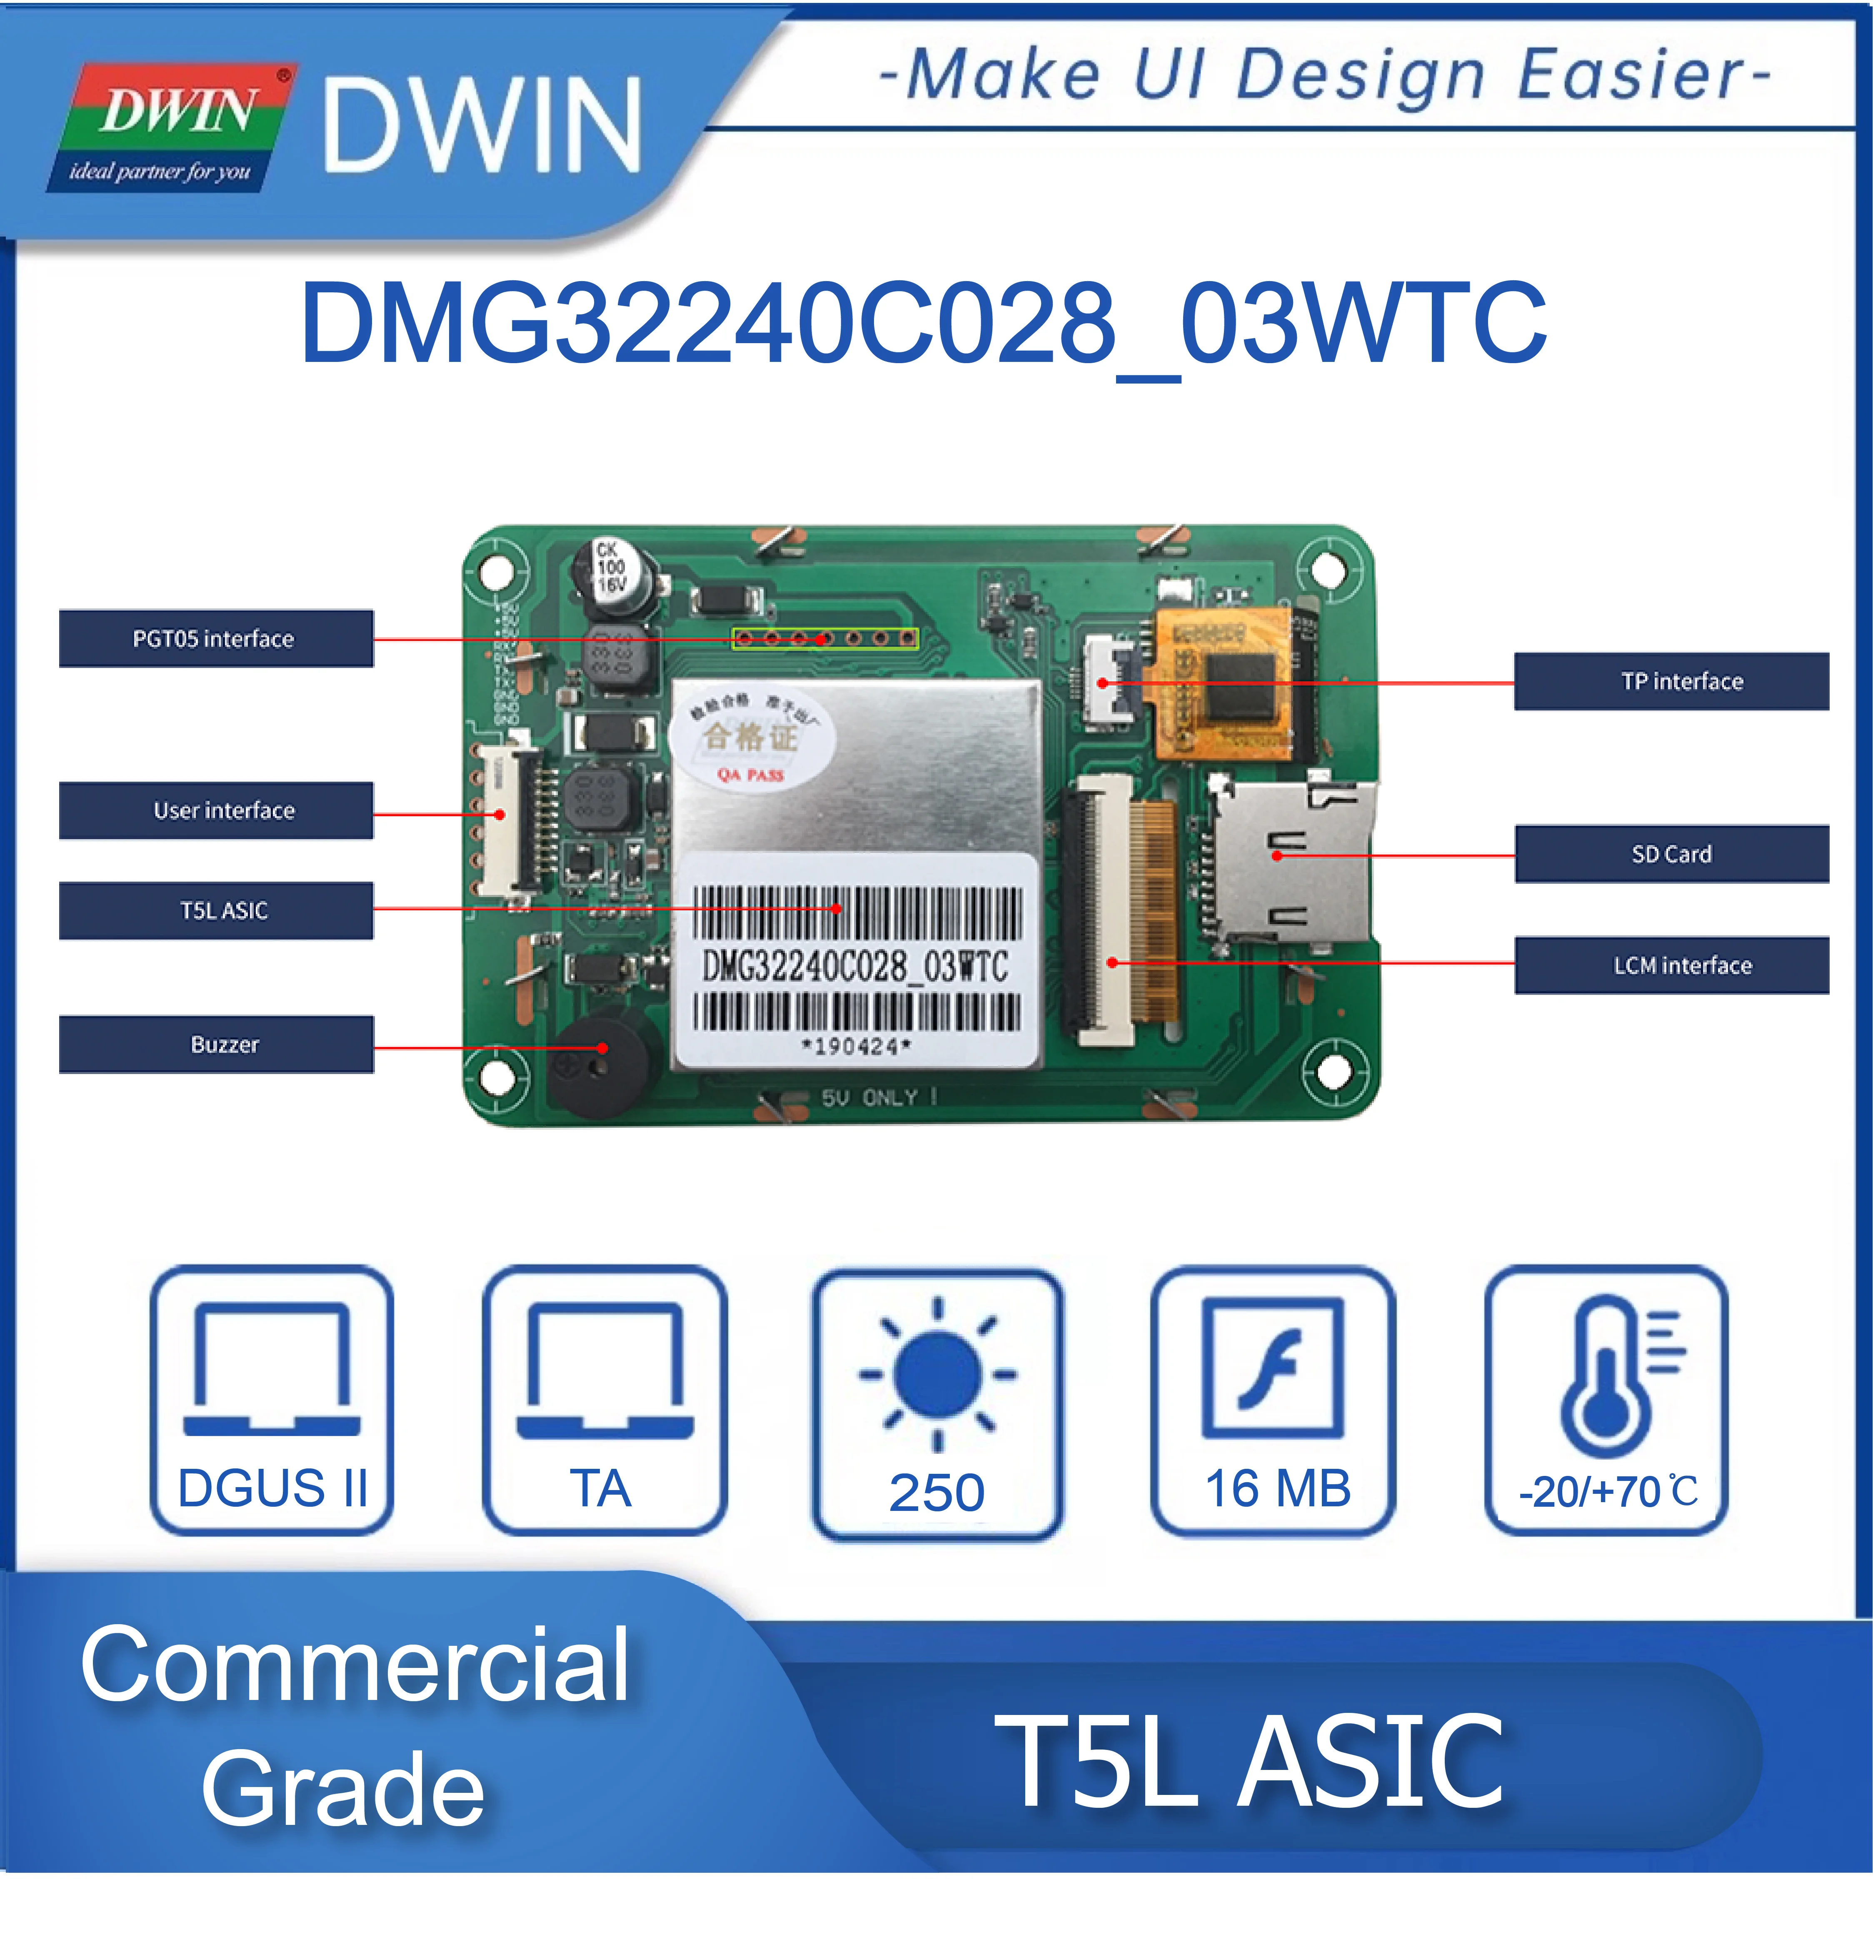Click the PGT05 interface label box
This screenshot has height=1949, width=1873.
coord(216,638)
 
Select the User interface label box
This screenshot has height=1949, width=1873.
coord(216,810)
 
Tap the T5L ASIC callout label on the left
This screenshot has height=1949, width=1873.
coord(216,910)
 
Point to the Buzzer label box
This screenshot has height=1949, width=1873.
coord(216,1044)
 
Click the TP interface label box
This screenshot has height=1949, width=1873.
coord(1671,681)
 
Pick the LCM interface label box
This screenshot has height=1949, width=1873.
coord(1671,965)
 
